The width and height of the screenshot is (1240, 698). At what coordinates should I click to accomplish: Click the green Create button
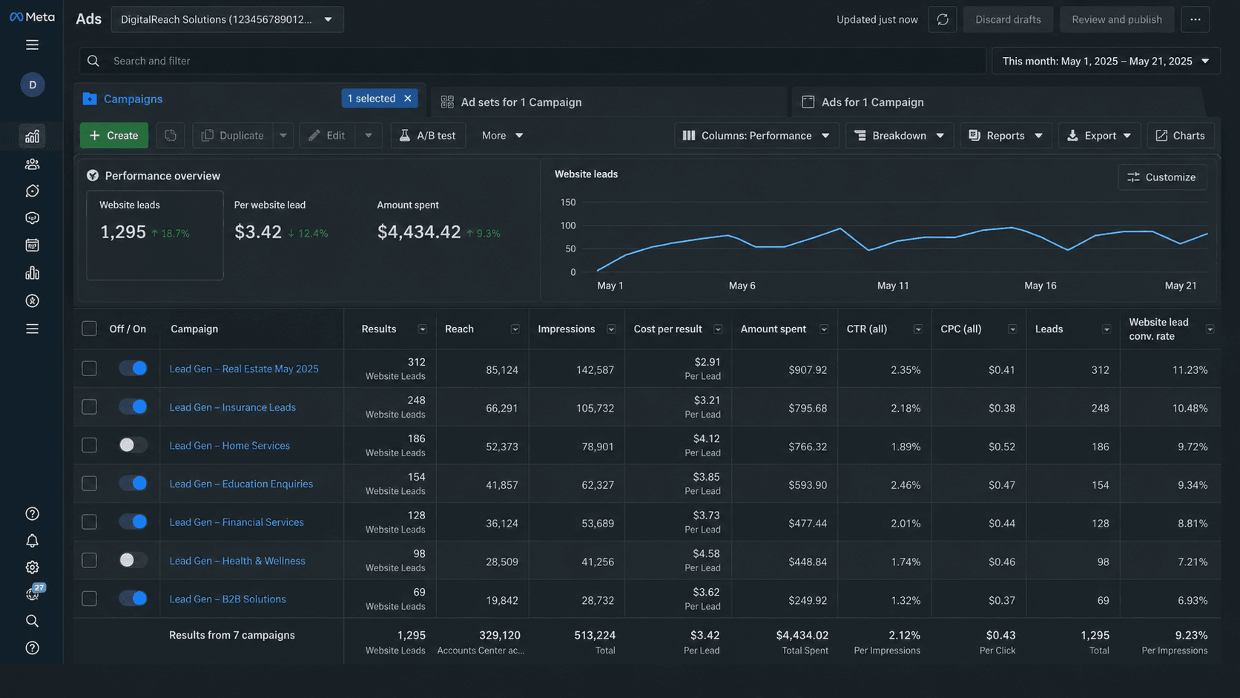click(114, 136)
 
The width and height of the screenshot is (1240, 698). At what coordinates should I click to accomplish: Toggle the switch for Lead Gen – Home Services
click(133, 445)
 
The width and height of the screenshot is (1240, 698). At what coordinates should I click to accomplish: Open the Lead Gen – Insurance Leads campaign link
click(233, 407)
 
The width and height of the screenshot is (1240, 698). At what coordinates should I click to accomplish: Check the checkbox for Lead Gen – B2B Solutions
click(89, 599)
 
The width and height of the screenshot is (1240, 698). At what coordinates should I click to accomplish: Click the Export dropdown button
click(1099, 136)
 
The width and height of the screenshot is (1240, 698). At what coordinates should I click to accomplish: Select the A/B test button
click(428, 136)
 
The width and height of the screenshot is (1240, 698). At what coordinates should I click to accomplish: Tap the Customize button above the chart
click(1162, 177)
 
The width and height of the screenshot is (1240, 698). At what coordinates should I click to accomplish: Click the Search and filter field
click(532, 61)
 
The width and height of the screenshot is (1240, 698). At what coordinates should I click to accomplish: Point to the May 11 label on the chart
click(893, 286)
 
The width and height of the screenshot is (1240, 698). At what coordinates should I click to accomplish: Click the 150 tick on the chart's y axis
click(568, 203)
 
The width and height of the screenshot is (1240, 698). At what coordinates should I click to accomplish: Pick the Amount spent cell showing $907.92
click(808, 369)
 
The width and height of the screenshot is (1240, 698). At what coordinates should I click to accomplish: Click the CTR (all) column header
click(867, 329)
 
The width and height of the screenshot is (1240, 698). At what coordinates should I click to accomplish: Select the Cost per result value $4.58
click(706, 553)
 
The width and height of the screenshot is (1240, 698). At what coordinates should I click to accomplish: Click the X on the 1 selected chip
click(408, 99)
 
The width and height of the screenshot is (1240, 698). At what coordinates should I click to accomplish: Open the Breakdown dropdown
click(900, 136)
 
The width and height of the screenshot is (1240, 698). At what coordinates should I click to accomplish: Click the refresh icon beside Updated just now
click(942, 20)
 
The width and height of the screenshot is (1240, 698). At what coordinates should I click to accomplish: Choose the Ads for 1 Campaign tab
click(872, 102)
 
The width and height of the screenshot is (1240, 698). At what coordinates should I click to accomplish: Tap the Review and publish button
click(1117, 20)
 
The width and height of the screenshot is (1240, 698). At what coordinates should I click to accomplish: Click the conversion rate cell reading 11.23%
click(1190, 369)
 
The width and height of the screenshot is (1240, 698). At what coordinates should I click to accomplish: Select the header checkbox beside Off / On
click(89, 329)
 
